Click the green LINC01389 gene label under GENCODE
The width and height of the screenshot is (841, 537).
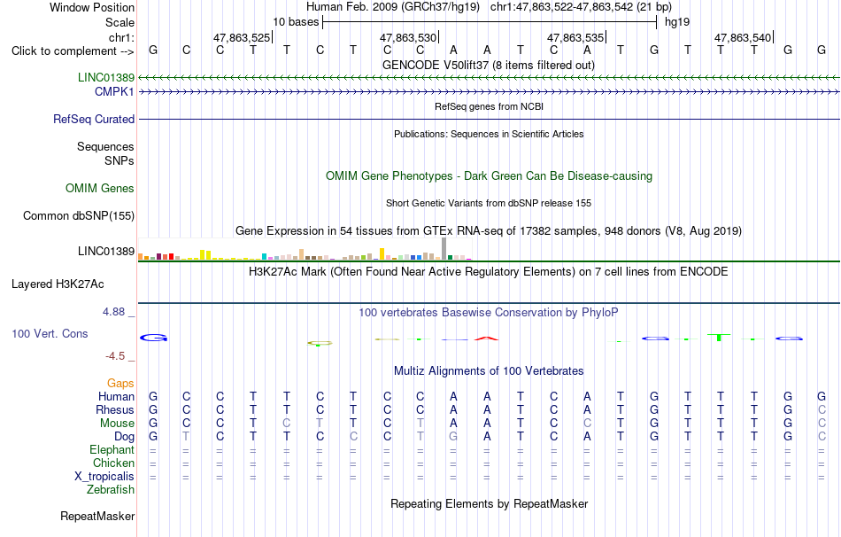click(106, 77)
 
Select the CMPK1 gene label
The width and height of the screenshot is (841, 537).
click(114, 92)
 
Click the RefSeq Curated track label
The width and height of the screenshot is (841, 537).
click(94, 120)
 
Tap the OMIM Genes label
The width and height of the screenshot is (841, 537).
click(100, 189)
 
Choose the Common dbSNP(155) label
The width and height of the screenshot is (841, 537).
click(79, 216)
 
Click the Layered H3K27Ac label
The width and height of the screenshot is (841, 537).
click(58, 284)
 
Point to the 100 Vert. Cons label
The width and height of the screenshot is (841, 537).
click(50, 333)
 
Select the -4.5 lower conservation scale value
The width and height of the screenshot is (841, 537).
click(115, 356)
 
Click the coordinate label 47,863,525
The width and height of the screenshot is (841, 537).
click(242, 37)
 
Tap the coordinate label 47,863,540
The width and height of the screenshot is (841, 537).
click(743, 37)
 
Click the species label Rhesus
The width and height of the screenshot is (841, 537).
click(115, 409)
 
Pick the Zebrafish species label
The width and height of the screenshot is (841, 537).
click(111, 490)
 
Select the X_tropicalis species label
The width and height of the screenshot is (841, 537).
click(104, 477)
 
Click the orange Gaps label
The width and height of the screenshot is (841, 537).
click(120, 383)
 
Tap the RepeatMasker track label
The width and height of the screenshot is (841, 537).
click(97, 516)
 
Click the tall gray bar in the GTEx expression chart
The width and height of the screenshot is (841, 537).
click(444, 249)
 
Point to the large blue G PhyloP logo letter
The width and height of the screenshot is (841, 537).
click(154, 338)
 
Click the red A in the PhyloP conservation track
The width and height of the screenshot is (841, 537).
click(487, 338)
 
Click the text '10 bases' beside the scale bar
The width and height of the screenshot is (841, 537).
click(296, 22)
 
